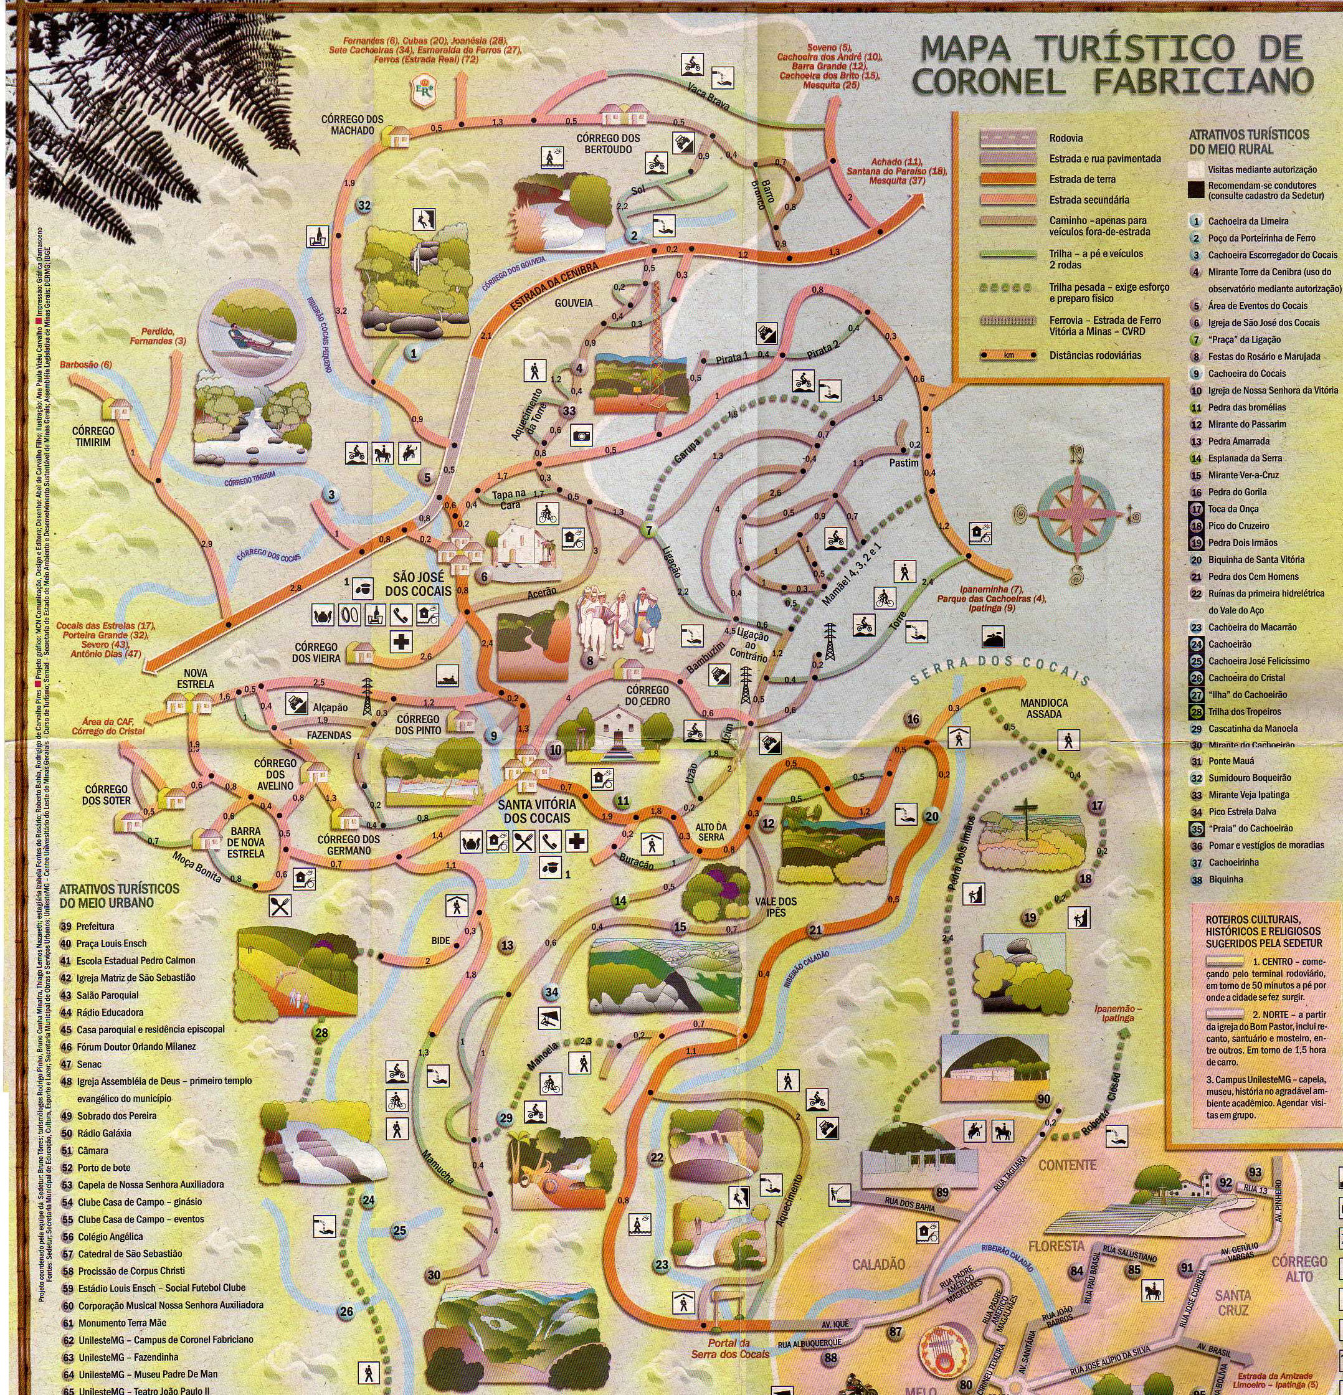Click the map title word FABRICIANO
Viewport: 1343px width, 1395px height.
pyautogui.click(x=1202, y=80)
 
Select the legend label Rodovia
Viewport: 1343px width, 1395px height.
pyautogui.click(x=1065, y=138)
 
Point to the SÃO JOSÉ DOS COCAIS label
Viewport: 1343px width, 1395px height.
pyautogui.click(x=418, y=583)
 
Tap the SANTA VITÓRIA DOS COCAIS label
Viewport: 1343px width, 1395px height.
pyautogui.click(x=536, y=811)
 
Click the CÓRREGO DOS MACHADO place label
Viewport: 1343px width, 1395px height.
pyautogui.click(x=353, y=125)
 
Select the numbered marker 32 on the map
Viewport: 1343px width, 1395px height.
pyautogui.click(x=364, y=206)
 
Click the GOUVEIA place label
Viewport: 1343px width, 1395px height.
pyautogui.click(x=573, y=303)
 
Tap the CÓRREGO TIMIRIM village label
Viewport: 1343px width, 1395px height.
pyautogui.click(x=93, y=437)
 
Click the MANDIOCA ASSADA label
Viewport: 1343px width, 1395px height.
pyautogui.click(x=1044, y=708)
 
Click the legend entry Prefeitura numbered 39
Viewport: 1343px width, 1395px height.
pyautogui.click(x=95, y=927)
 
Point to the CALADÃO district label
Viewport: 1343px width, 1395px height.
pyautogui.click(x=878, y=1264)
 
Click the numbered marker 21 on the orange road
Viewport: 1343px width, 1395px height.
pyautogui.click(x=815, y=930)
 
